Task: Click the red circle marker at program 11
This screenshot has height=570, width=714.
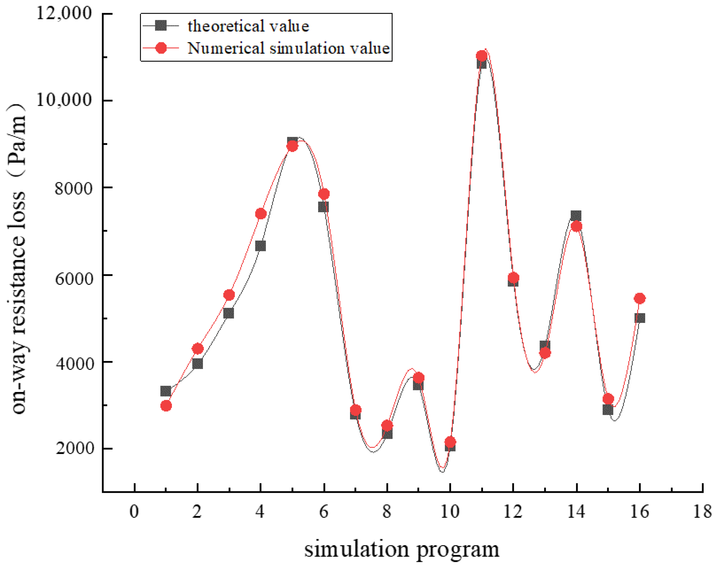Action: [482, 56]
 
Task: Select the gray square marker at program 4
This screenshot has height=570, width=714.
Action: [260, 246]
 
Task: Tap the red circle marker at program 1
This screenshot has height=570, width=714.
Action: [166, 406]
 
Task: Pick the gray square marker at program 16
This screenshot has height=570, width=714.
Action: [640, 318]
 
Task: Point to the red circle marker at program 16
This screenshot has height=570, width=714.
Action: [640, 298]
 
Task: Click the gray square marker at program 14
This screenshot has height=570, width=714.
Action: [576, 216]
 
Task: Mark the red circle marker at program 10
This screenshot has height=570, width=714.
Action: [450, 442]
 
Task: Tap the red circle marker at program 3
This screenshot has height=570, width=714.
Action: [229, 295]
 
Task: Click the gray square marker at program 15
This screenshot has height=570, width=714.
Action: [608, 410]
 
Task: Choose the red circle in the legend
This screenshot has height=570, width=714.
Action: [161, 48]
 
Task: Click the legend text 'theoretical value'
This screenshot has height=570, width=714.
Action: [248, 26]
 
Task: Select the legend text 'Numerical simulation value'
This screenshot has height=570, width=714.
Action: [288, 48]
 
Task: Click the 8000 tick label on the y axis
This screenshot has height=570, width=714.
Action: [73, 188]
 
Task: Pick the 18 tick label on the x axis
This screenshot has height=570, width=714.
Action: [702, 512]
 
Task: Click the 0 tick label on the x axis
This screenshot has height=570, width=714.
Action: [134, 512]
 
